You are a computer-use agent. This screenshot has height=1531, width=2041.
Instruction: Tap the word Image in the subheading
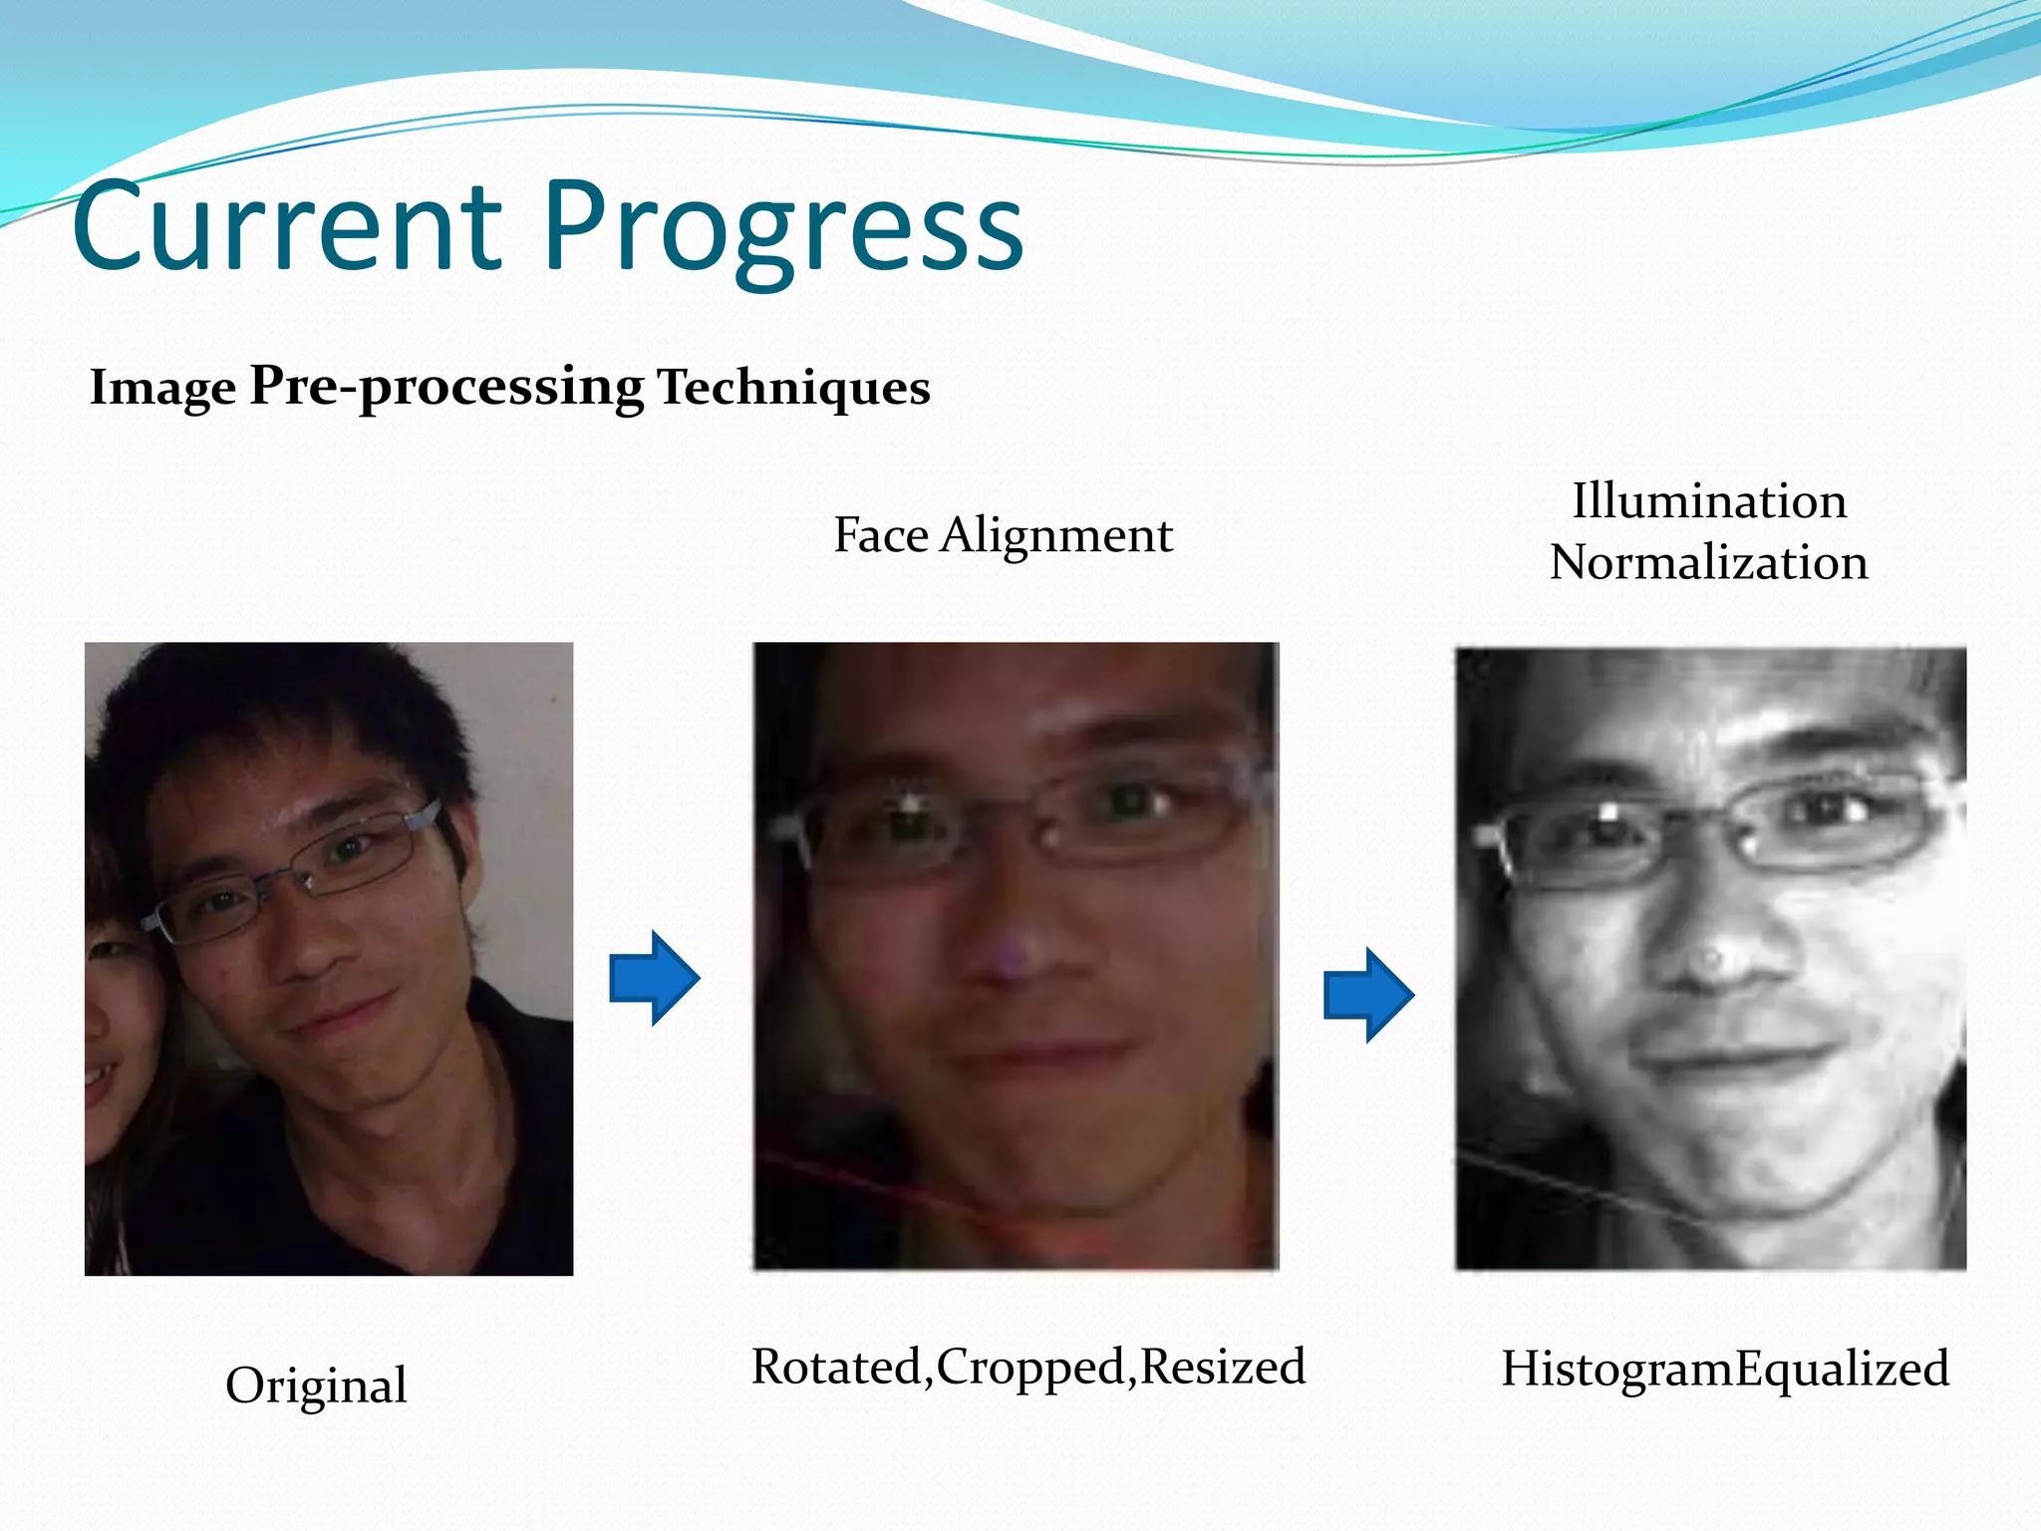pyautogui.click(x=162, y=387)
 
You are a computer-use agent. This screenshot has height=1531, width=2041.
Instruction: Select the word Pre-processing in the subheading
pyautogui.click(x=446, y=387)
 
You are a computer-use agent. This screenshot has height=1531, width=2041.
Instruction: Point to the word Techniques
pyautogui.click(x=793, y=387)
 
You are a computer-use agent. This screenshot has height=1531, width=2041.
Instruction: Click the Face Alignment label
pyautogui.click(x=1003, y=535)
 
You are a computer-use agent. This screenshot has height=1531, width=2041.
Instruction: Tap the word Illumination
pyautogui.click(x=1709, y=500)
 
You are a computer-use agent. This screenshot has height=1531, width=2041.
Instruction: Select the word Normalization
pyautogui.click(x=1708, y=562)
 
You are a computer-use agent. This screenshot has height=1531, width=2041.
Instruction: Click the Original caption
pyautogui.click(x=316, y=1385)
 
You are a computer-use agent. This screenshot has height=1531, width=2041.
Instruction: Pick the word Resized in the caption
pyautogui.click(x=1223, y=1367)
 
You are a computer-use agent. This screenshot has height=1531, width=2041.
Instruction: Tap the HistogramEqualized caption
pyautogui.click(x=1725, y=1369)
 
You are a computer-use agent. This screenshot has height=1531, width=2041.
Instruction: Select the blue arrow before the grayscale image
pyautogui.click(x=1368, y=995)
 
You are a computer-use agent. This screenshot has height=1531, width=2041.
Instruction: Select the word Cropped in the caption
pyautogui.click(x=1030, y=1367)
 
